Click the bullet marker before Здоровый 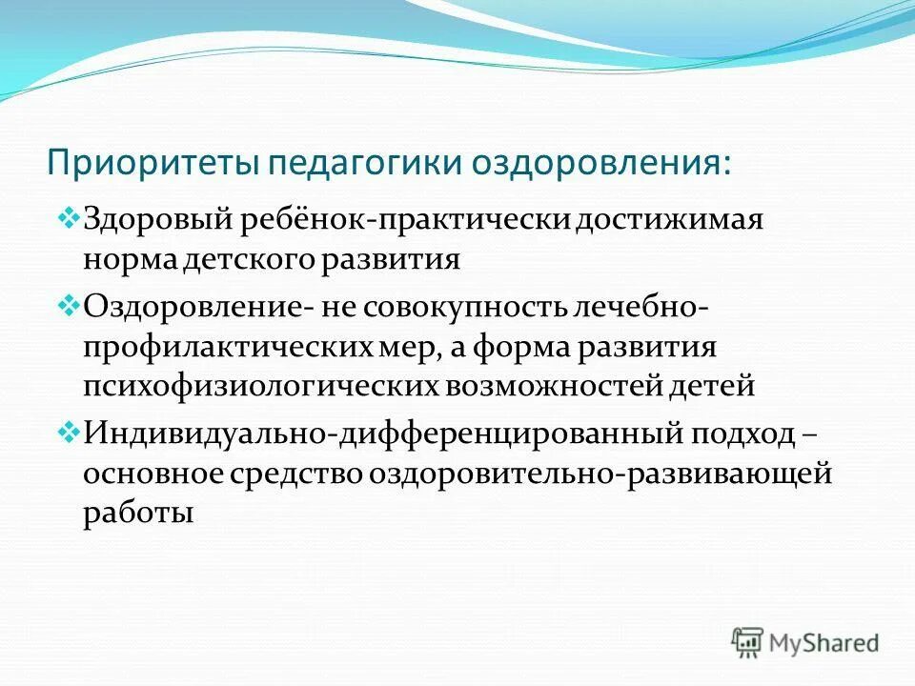point(71,220)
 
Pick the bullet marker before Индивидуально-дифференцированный point(71,432)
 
